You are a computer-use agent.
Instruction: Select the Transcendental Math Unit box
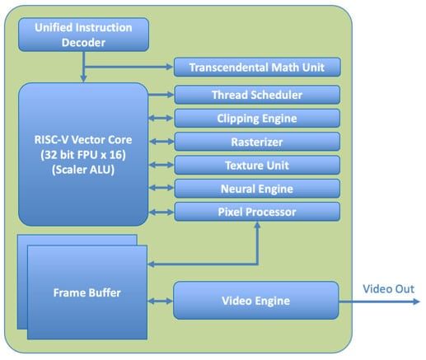[x=256, y=68]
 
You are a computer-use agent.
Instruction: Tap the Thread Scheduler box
[x=256, y=95]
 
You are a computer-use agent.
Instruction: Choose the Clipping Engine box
[x=256, y=118]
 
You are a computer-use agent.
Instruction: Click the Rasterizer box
[x=256, y=142]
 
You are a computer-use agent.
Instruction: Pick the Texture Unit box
[x=256, y=165]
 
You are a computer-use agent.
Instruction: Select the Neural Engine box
[x=256, y=189]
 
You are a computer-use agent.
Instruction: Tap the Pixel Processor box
[x=256, y=212]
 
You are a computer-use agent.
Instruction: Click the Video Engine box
[x=255, y=301]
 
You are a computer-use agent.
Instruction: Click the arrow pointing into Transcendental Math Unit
[x=132, y=68]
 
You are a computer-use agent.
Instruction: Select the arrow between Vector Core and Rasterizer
[x=161, y=142]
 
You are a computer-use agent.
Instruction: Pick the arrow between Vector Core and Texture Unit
[x=161, y=165]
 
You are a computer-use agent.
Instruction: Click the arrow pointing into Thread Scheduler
[x=161, y=95]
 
